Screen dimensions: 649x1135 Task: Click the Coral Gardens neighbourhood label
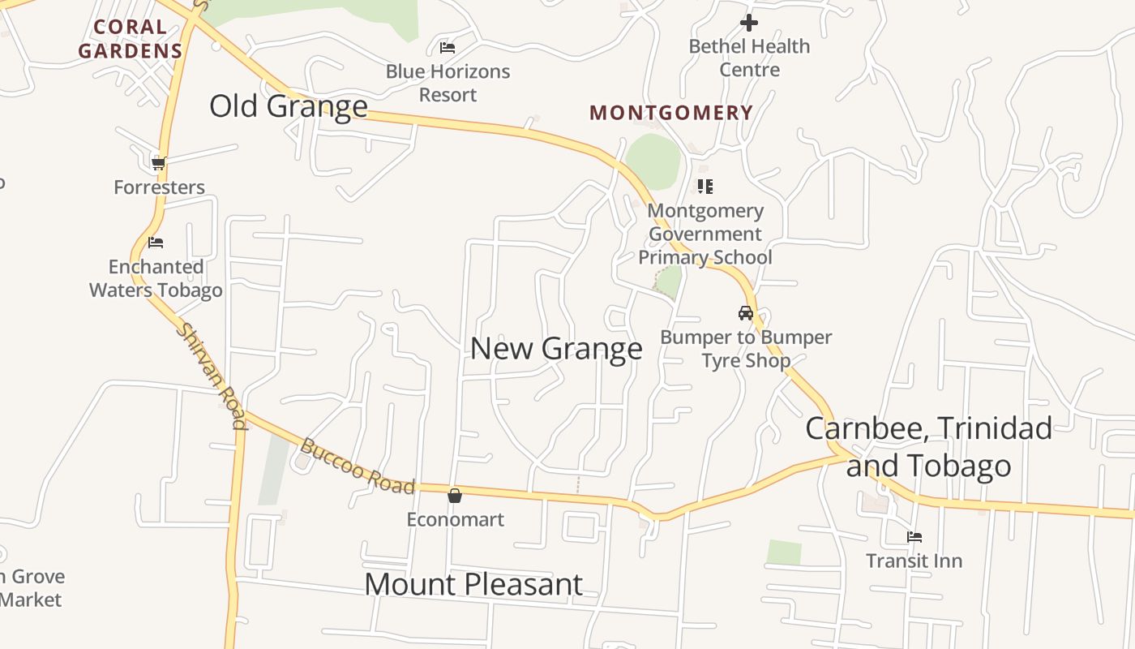(130, 39)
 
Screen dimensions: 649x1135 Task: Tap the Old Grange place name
(289, 106)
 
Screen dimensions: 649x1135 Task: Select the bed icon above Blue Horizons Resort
(448, 48)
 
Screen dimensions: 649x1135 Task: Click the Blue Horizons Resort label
(448, 83)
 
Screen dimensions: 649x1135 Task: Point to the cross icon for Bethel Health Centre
(749, 23)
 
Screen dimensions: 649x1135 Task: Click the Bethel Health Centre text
(749, 58)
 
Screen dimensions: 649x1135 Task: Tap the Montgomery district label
(671, 113)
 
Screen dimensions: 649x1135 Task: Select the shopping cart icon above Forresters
(159, 163)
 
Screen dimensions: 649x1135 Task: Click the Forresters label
(159, 187)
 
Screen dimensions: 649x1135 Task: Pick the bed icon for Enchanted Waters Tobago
(156, 243)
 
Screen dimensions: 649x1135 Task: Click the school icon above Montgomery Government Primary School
(705, 187)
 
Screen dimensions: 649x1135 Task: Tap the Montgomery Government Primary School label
(705, 234)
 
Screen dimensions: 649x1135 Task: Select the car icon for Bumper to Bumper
(746, 313)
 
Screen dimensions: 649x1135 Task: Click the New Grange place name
(556, 349)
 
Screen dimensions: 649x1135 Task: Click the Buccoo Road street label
(357, 467)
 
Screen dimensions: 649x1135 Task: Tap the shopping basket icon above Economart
(455, 495)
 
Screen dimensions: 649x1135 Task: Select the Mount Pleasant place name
(473, 584)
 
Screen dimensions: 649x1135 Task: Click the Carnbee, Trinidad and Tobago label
(929, 447)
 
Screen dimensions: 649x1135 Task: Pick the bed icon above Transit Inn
(914, 537)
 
